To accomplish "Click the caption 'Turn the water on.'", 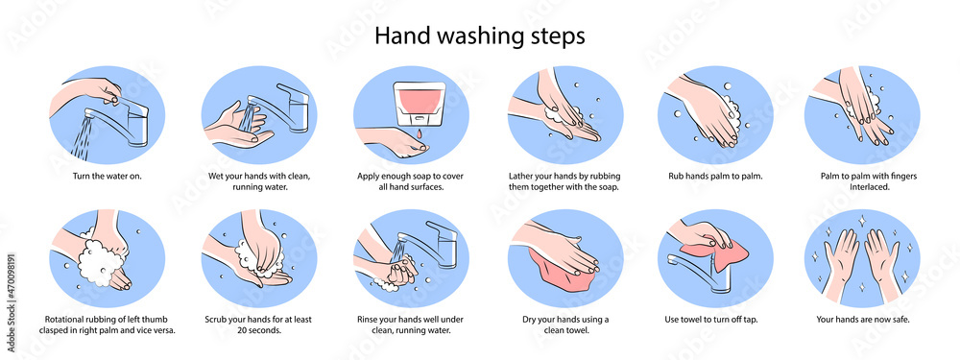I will coord(107,176).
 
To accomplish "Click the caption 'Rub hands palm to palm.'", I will coord(715,176).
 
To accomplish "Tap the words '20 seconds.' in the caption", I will coord(258,330).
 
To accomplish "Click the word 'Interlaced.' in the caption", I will coord(862,187).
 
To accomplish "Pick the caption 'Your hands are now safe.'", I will coord(863,319).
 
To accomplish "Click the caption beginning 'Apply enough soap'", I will coord(411,181).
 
